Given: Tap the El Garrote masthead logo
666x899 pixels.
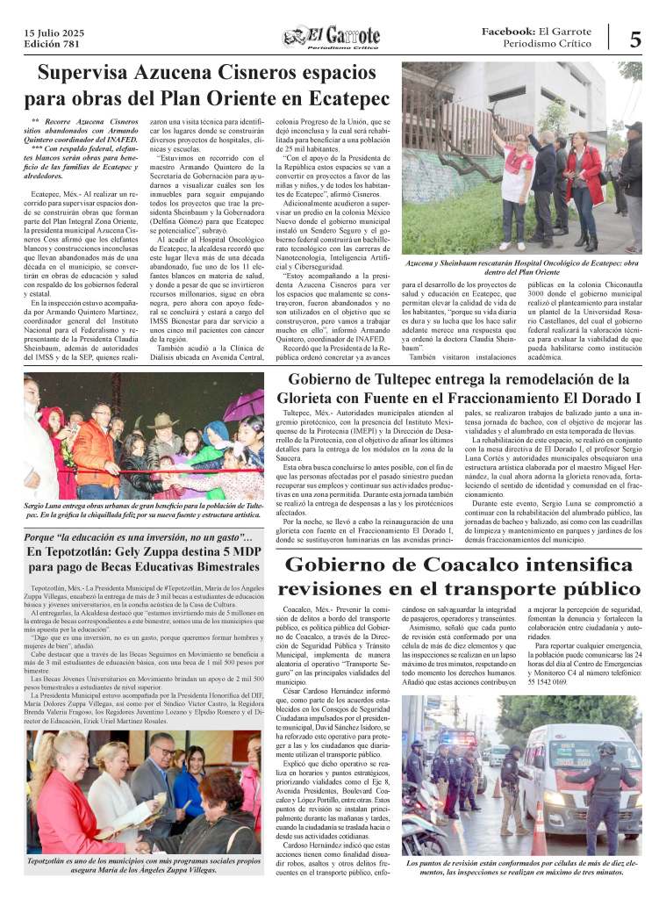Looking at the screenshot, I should (x=331, y=38).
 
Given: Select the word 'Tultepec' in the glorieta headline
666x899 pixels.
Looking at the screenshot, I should (x=416, y=379).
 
